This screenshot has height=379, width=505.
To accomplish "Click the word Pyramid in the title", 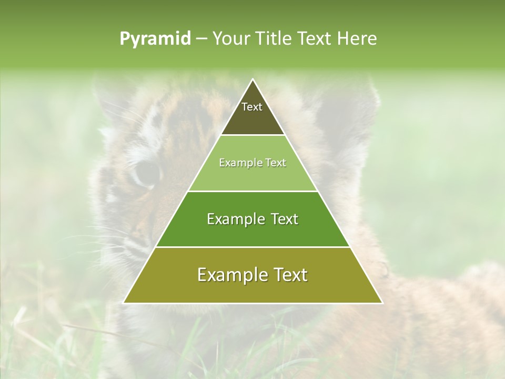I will [155, 39].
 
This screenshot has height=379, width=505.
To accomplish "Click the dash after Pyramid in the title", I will [201, 39].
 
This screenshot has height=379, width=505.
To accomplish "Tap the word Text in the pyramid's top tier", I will [252, 107].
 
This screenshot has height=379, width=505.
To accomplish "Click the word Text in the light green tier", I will [276, 163].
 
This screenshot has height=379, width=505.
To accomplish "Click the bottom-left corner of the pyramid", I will [124, 303].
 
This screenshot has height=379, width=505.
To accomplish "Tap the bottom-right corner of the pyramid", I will [382, 303].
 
